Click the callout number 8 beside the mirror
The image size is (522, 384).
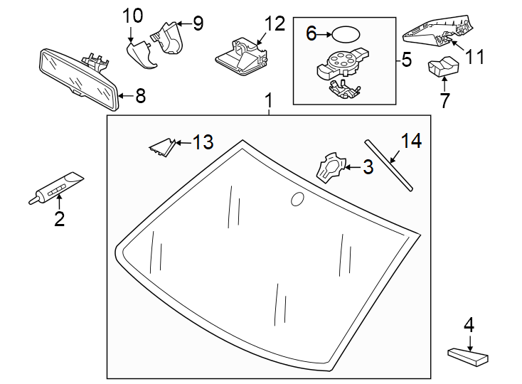point(140,96)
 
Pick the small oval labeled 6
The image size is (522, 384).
point(346,33)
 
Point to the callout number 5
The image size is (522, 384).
point(406,59)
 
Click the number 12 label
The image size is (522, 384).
point(274,23)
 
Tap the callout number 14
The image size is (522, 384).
point(410,141)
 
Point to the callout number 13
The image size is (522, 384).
point(202,143)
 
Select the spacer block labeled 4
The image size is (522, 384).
point(469,354)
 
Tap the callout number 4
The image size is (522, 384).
point(469,325)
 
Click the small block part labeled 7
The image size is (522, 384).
point(442,68)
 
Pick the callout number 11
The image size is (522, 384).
point(474,56)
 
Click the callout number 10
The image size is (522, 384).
point(132,15)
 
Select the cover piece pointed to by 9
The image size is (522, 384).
point(170,37)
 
